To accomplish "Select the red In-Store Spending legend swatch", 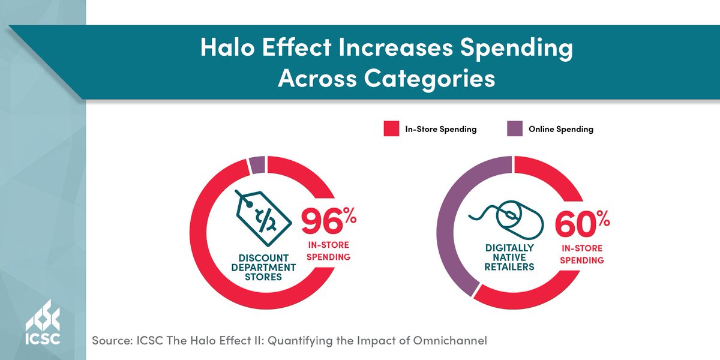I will click(391, 129).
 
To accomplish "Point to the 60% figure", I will click(581, 224).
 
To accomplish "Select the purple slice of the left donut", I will click(256, 164).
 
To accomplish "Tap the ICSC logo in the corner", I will click(43, 328).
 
